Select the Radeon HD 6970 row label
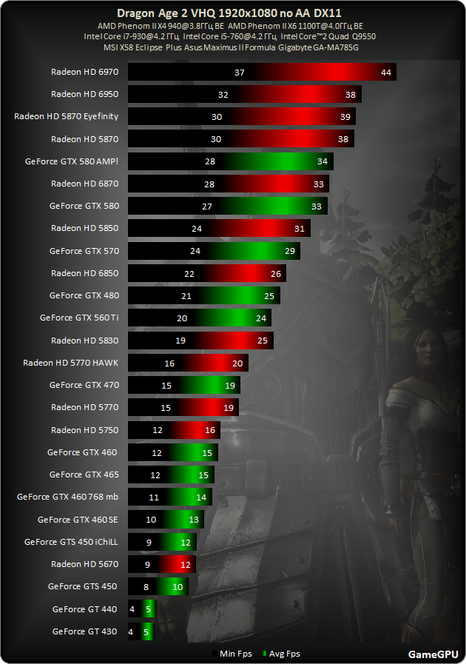coord(84,72)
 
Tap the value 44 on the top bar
coord(386,72)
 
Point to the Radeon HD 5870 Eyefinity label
coord(67,116)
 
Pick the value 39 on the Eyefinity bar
coord(345,117)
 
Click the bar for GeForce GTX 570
coord(214,251)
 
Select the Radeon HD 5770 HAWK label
coord(71,363)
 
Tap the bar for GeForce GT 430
coord(141,631)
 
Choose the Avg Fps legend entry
coord(282,654)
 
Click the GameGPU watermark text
coord(431,654)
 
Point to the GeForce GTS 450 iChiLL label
coord(71,541)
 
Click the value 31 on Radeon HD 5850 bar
coord(299,229)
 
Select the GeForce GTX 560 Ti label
coord(79,318)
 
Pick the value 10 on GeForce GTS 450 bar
coord(178,586)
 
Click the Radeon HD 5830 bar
coord(200,341)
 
